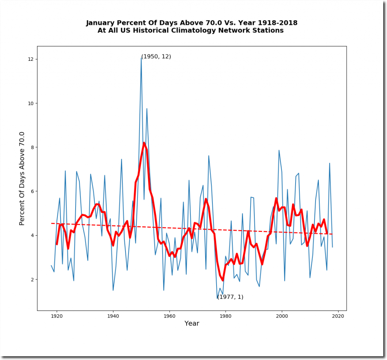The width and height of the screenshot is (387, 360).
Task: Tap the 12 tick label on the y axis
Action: pos(31,59)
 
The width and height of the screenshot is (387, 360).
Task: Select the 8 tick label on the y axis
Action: pos(32,147)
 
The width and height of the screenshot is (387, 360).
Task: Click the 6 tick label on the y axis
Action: pos(32,192)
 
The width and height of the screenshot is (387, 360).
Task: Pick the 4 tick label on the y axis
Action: pos(32,235)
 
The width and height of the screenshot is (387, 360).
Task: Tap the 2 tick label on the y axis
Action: pos(32,280)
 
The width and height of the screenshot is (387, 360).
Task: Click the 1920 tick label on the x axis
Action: pos(57,316)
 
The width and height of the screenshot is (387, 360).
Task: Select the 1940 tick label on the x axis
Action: pos(113,316)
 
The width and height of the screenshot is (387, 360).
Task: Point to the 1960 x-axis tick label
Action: pos(169,316)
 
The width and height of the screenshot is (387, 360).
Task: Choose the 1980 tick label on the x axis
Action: pos(226,316)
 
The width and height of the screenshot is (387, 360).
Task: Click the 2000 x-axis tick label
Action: pos(282,316)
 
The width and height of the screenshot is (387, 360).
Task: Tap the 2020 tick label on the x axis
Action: pos(338,316)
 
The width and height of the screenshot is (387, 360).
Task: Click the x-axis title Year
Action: pos(192,323)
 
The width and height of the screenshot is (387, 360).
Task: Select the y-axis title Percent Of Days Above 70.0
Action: pos(22,178)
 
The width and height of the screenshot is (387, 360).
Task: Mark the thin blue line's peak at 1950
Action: pos(141,58)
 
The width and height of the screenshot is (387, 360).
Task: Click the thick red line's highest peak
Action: pos(144,143)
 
